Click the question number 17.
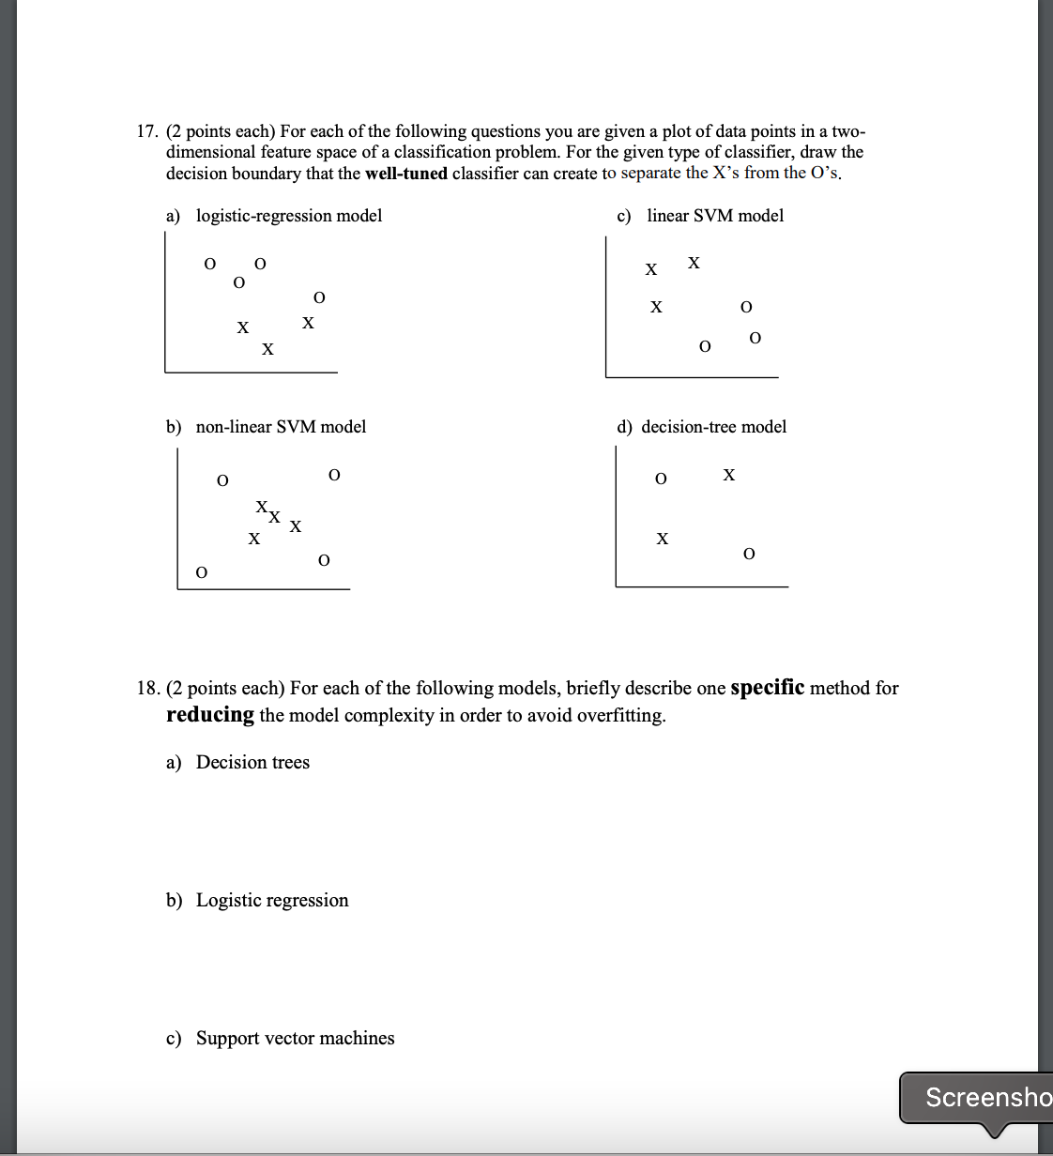tap(147, 131)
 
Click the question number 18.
tap(147, 689)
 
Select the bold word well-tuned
tap(405, 174)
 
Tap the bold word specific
tap(767, 688)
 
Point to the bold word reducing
tap(210, 715)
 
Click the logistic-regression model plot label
tap(288, 216)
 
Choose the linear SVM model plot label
tap(714, 216)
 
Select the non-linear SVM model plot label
tap(281, 427)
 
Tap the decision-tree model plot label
tap(713, 427)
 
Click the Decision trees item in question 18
tap(252, 763)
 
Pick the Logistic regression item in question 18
tap(272, 901)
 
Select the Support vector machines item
tap(295, 1039)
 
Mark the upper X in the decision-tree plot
tap(729, 475)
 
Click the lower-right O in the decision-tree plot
tap(749, 555)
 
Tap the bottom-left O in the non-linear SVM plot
tap(202, 572)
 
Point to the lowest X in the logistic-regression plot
tap(267, 350)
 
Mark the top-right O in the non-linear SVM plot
tap(334, 475)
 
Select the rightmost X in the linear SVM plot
tap(694, 263)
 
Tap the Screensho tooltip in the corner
tap(985, 1097)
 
